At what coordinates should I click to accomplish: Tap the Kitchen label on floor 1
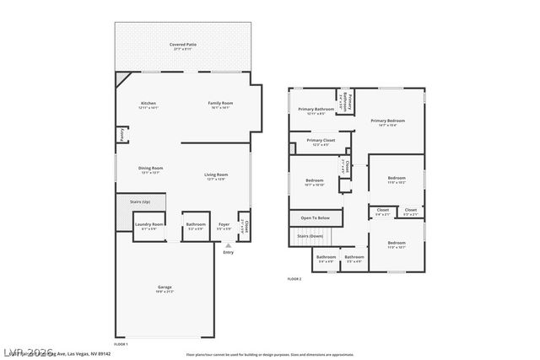pyautogui.click(x=148, y=103)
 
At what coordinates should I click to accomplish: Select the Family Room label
pyautogui.click(x=220, y=103)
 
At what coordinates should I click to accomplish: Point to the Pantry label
pyautogui.click(x=121, y=134)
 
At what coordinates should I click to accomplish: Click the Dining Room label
pyautogui.click(x=150, y=168)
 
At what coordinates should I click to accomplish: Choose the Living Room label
pyautogui.click(x=216, y=175)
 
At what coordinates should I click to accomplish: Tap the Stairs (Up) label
pyautogui.click(x=140, y=202)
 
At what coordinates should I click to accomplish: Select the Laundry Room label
pyautogui.click(x=148, y=224)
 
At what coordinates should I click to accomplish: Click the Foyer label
pyautogui.click(x=224, y=224)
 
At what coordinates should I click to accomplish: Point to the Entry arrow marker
pyautogui.click(x=228, y=245)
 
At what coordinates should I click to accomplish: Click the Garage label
pyautogui.click(x=165, y=287)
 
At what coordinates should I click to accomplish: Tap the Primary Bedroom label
pyautogui.click(x=389, y=121)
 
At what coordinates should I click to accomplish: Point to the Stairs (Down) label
pyautogui.click(x=310, y=236)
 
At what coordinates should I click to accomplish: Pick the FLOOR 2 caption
pyautogui.click(x=294, y=278)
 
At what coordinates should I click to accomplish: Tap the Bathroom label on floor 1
pyautogui.click(x=196, y=224)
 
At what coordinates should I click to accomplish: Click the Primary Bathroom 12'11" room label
pyautogui.click(x=313, y=109)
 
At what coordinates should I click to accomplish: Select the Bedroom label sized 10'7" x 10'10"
pyautogui.click(x=315, y=180)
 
